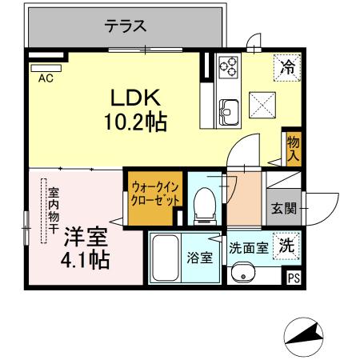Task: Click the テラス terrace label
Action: [126, 26]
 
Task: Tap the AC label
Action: [46, 78]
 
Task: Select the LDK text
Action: [137, 98]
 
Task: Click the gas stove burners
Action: [229, 68]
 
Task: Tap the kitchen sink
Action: [227, 109]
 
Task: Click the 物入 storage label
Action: [294, 147]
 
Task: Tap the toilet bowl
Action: [204, 203]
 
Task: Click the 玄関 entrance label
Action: [283, 209]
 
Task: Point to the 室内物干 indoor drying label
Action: [53, 210]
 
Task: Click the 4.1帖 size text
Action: [85, 260]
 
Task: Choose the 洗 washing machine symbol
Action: [285, 246]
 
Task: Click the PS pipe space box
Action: [294, 278]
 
